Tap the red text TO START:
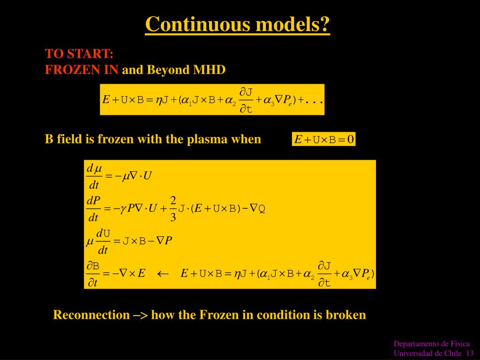79,53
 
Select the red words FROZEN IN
82,70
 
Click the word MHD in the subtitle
210,70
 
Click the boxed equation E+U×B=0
323,139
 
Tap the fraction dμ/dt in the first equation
94,176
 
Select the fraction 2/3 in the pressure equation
173,209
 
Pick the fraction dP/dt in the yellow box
93,209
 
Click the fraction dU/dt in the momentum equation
103,241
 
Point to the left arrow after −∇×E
163,274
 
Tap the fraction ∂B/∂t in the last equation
93,274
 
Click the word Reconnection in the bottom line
91,315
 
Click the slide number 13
470,353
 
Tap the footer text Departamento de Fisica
431,344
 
